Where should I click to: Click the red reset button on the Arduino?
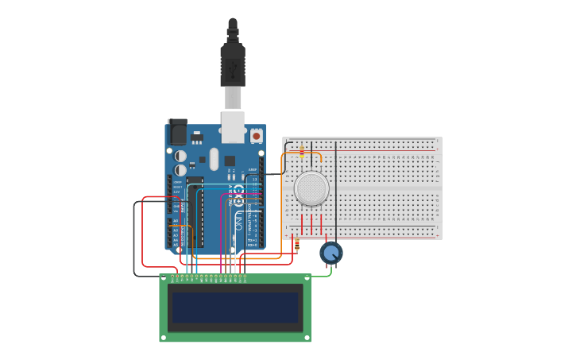click(x=257, y=136)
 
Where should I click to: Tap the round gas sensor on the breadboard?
click(x=311, y=188)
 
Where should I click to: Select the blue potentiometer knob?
click(x=331, y=253)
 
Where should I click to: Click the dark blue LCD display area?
click(x=235, y=308)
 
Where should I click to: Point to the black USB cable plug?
click(x=233, y=64)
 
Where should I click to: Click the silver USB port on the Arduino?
click(x=233, y=127)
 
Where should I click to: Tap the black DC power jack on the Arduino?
click(x=178, y=132)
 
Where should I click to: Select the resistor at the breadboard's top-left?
click(x=302, y=151)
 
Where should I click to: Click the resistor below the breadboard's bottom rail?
click(x=297, y=245)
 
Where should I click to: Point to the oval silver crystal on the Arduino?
click(x=214, y=159)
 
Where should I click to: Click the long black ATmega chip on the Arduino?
click(x=195, y=211)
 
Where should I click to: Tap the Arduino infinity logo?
click(x=238, y=192)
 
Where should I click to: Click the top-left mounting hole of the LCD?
click(x=164, y=278)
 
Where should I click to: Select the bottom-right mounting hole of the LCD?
click(x=307, y=338)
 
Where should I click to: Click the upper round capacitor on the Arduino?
click(x=181, y=156)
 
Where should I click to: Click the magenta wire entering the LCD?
click(x=222, y=238)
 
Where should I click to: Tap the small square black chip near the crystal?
click(x=230, y=161)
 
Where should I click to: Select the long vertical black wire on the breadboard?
click(x=336, y=191)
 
